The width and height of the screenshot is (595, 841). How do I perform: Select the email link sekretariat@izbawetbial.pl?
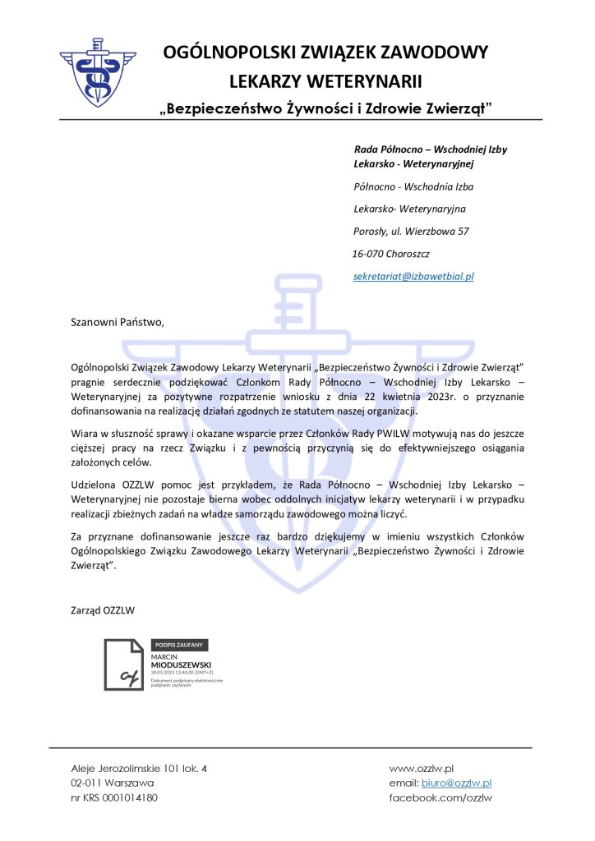[x=413, y=277]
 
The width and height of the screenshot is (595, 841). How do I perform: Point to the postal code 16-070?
[x=368, y=254]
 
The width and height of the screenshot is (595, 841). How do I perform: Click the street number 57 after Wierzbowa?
[x=464, y=232]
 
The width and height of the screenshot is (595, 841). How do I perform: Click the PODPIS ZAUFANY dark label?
[x=181, y=645]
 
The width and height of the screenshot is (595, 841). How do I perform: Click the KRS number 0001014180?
[x=129, y=797]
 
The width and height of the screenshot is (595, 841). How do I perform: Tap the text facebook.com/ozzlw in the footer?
[x=440, y=797]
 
